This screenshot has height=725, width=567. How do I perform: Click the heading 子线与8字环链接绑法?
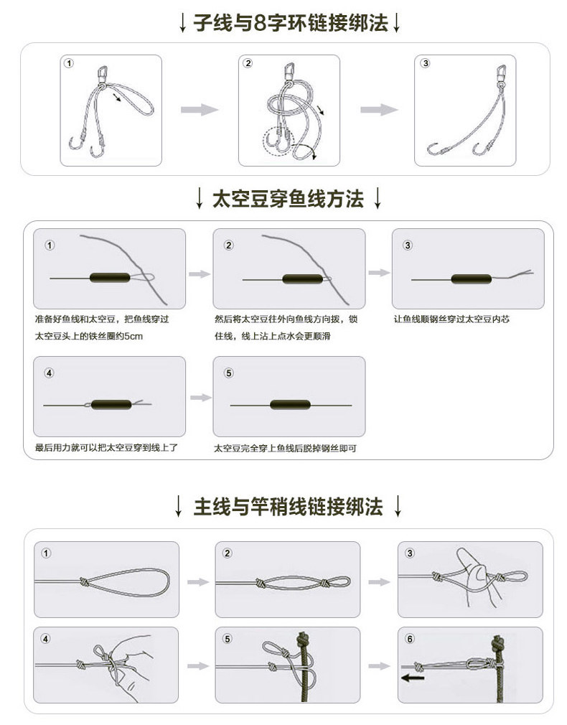290,22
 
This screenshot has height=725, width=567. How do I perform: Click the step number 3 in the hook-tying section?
426,63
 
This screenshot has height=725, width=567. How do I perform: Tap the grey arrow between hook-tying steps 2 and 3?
378,109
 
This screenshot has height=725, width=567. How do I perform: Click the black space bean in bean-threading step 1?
108,277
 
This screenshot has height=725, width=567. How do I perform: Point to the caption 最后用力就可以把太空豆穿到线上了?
106,447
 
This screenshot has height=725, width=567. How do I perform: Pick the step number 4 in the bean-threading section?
49,373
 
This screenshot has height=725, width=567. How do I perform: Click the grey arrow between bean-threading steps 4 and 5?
199,397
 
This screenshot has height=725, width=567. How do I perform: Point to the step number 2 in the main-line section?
228,553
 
